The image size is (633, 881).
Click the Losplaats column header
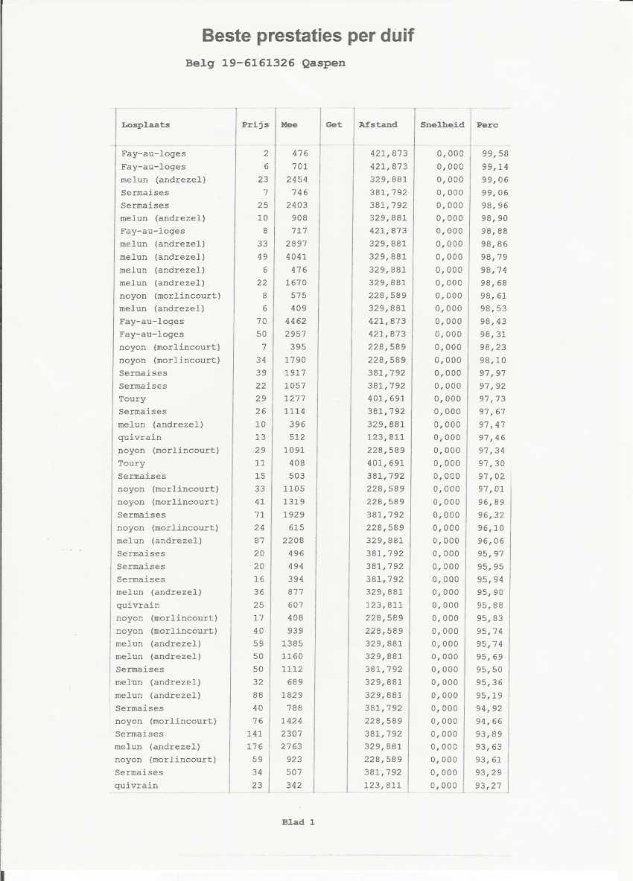click(x=145, y=125)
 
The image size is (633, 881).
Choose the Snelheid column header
click(x=442, y=125)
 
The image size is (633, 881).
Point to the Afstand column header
click(x=378, y=125)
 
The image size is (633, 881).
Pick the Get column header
click(x=334, y=125)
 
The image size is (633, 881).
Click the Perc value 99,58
click(x=495, y=153)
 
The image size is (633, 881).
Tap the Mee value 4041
click(x=296, y=257)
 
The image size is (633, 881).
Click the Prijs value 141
click(x=255, y=734)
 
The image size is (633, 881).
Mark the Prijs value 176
click(x=255, y=747)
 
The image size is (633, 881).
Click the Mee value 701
click(x=299, y=167)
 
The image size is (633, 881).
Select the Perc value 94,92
click(x=489, y=708)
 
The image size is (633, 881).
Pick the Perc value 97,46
click(x=492, y=438)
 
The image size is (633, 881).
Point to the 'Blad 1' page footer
click(x=298, y=822)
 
